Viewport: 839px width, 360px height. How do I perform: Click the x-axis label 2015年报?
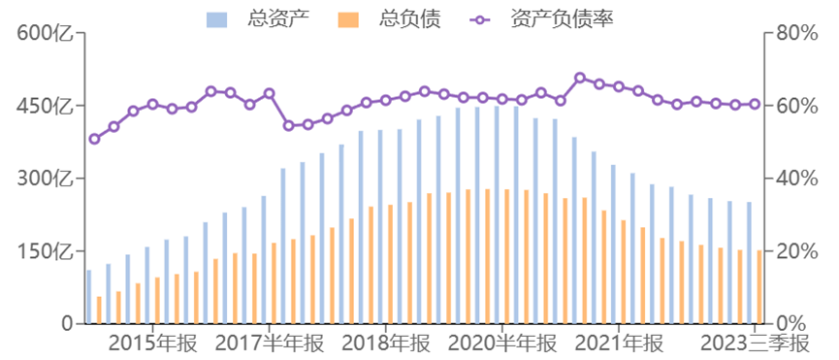pos(152,344)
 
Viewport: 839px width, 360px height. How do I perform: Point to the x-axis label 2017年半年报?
pos(269,344)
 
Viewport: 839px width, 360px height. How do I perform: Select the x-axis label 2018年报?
pos(385,344)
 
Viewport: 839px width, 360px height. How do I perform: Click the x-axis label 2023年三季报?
pos(754,344)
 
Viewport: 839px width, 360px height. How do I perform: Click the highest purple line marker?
pos(580,78)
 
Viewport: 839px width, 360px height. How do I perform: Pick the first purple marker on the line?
pos(94,139)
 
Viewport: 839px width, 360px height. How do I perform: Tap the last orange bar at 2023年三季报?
pos(759,286)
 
